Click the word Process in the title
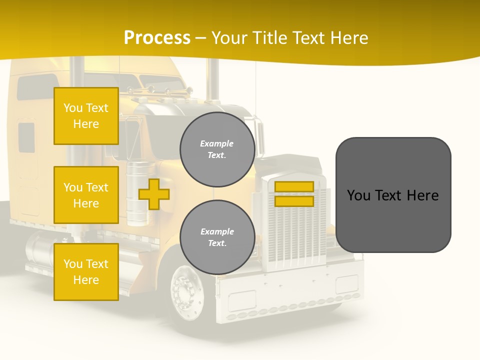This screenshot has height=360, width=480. pyautogui.click(x=157, y=38)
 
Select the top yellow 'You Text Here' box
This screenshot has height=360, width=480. pyautogui.click(x=86, y=116)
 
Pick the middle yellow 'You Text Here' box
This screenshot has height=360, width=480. pyautogui.click(x=86, y=195)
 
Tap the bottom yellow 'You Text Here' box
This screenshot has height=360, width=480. pyautogui.click(x=86, y=272)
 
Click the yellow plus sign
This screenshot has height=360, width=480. pyautogui.click(x=154, y=194)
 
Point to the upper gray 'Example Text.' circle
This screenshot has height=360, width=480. pyautogui.click(x=217, y=149)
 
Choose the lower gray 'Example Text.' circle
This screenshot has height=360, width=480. pyautogui.click(x=217, y=237)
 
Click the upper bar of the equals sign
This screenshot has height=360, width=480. pyautogui.click(x=294, y=187)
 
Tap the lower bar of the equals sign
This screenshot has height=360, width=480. pyautogui.click(x=294, y=201)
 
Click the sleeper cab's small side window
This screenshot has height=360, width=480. pyautogui.click(x=26, y=137)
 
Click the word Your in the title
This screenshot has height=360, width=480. pyautogui.click(x=228, y=38)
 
